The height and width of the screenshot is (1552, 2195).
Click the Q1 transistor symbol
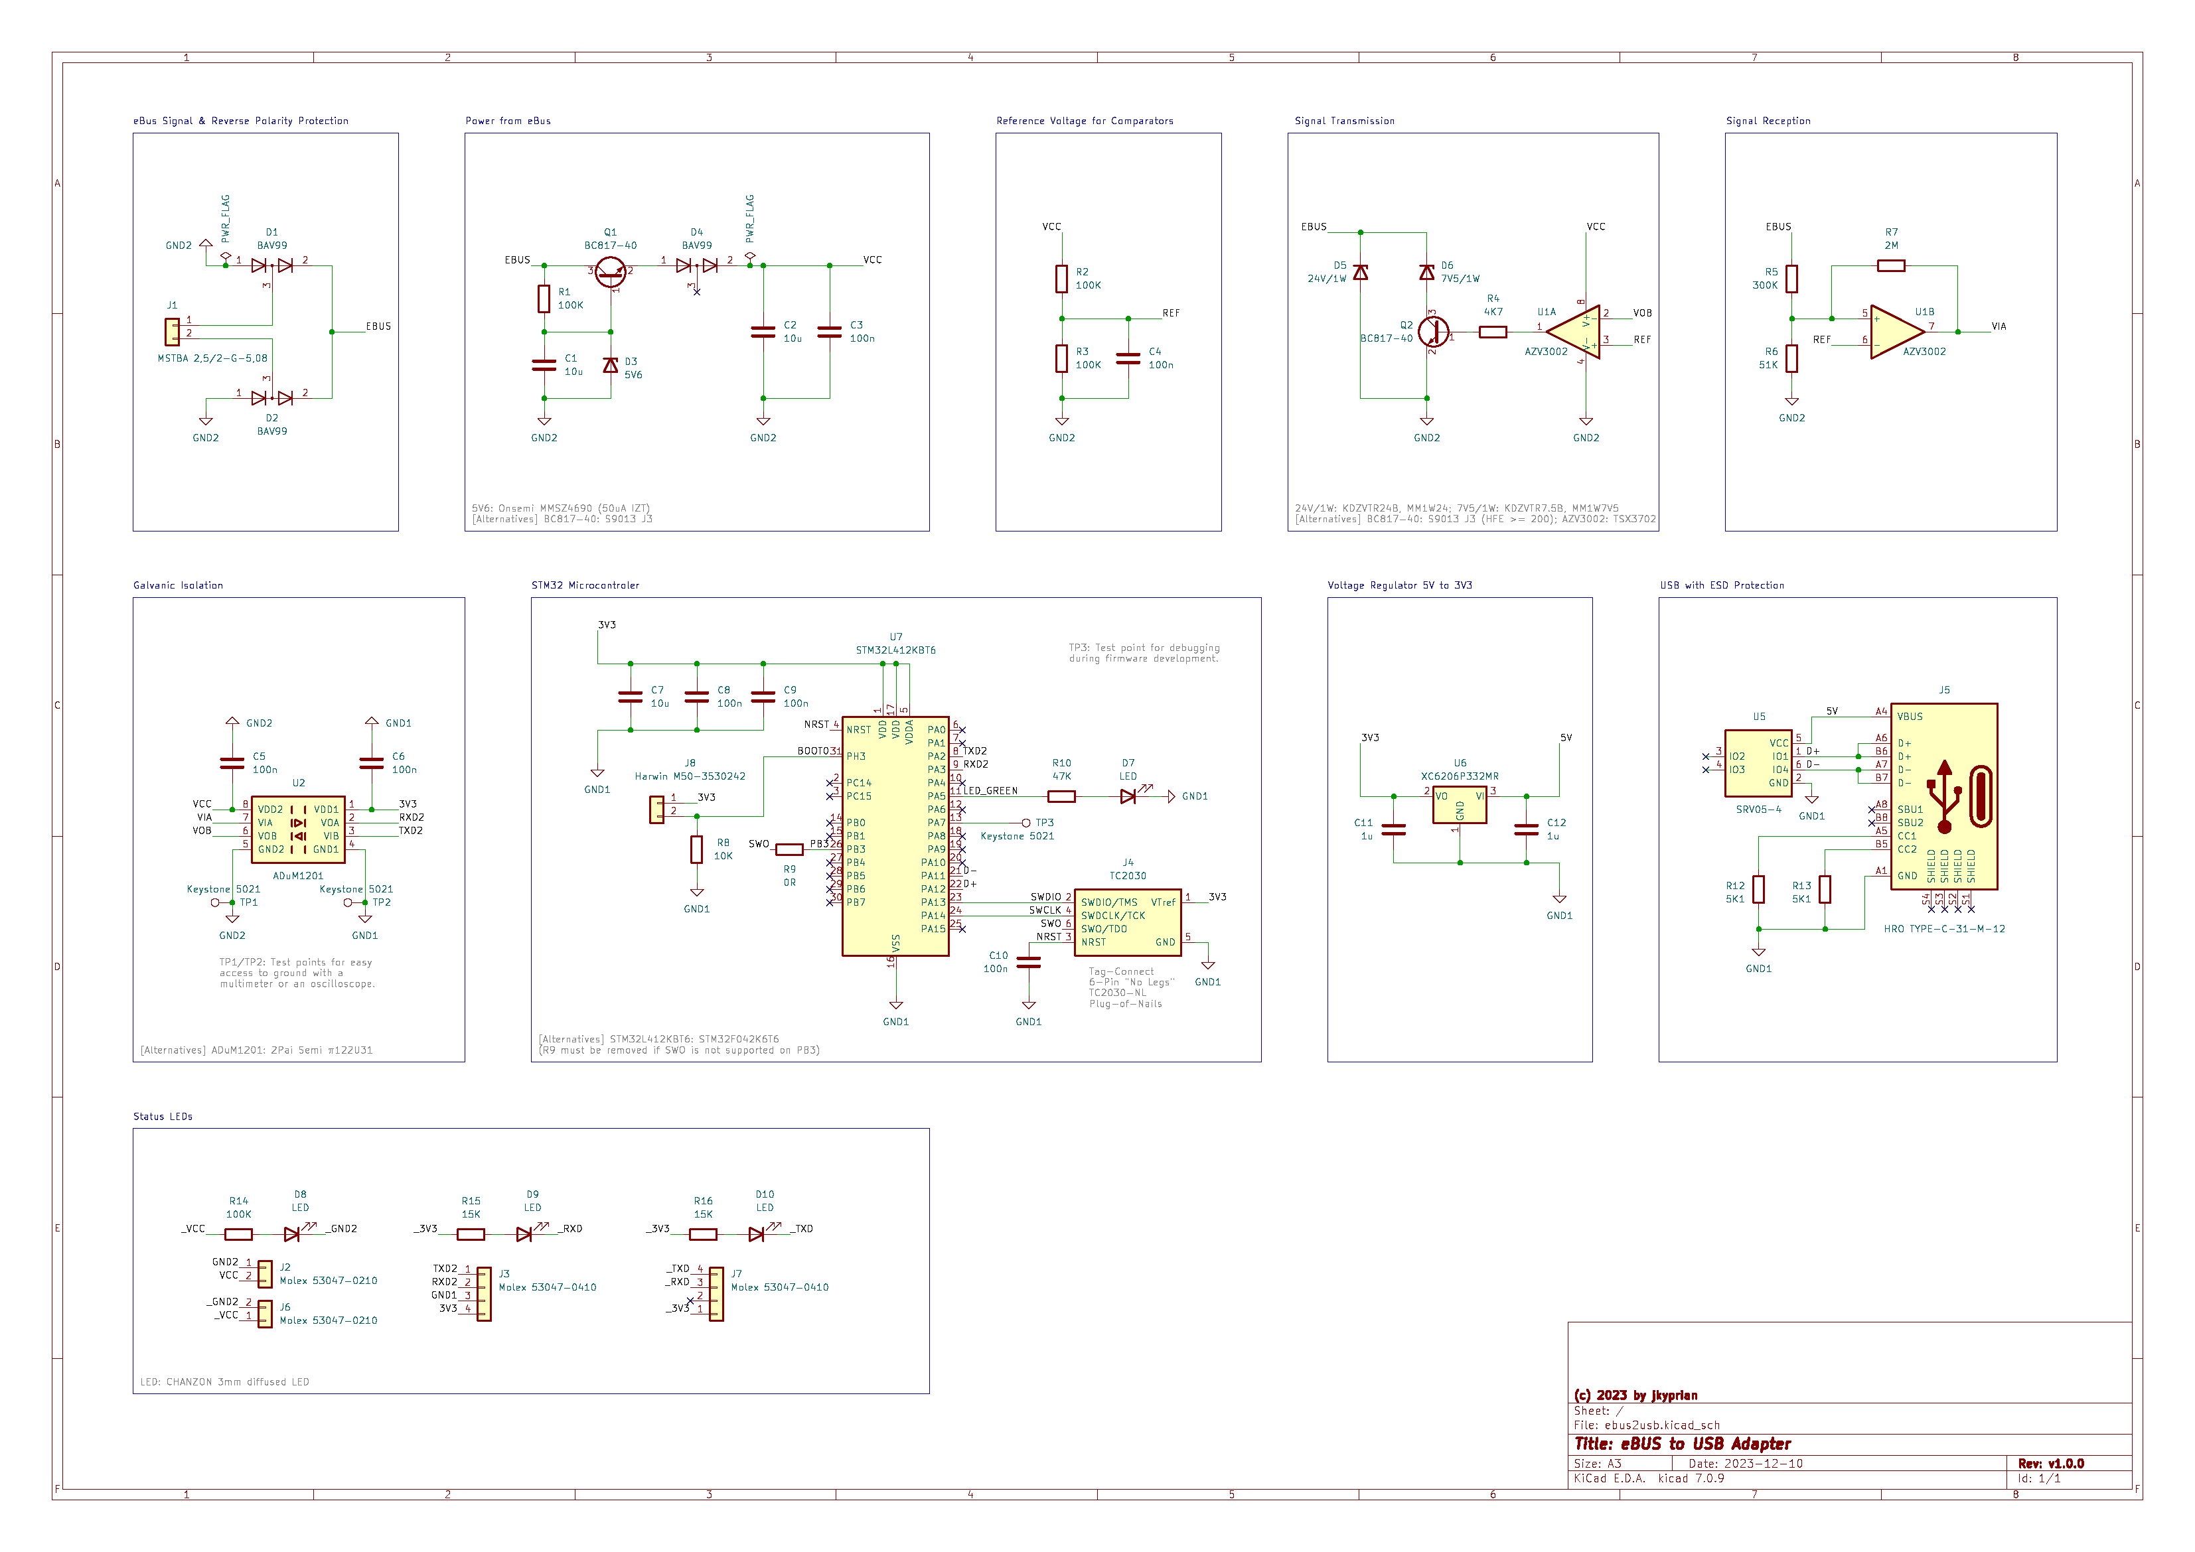610,271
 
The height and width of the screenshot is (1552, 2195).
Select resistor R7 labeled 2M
1890,265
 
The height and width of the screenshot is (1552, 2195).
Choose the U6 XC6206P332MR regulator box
1459,805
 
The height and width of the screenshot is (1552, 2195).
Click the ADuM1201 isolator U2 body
297,829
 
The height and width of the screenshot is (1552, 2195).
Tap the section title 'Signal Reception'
1768,121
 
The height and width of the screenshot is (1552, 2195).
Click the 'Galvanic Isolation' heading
178,585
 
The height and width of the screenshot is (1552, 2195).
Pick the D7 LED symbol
1128,796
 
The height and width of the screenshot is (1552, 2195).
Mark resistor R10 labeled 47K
1061,796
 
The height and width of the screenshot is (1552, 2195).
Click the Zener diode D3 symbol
610,365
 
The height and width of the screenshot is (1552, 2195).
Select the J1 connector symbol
172,332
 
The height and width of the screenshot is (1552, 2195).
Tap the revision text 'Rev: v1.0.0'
2051,1463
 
